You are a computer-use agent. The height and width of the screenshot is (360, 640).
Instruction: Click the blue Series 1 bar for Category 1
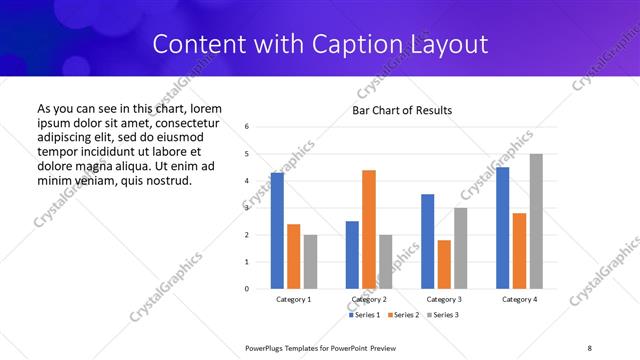coord(277,231)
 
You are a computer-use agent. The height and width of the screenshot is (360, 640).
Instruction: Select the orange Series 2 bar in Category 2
coord(369,229)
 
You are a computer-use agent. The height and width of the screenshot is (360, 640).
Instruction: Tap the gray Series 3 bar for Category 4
coord(536,221)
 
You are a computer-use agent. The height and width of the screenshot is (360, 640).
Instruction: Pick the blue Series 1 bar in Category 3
coord(428,241)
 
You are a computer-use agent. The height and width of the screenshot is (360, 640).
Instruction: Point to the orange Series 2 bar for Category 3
coord(444,264)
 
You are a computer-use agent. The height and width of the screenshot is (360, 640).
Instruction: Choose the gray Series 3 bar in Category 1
coord(310,261)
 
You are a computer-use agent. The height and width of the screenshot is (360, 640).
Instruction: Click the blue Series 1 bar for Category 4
coord(503,228)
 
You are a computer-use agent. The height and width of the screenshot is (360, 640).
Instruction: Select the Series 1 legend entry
coord(363,315)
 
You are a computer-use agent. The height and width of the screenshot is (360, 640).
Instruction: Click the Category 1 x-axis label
coord(294,299)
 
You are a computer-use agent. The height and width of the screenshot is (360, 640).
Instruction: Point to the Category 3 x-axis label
coord(444,299)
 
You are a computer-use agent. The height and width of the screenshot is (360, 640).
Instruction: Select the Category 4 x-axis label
coord(519,299)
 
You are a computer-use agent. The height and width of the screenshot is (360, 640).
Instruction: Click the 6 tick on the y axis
coord(247,127)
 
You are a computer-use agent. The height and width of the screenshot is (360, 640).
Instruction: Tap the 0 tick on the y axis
coord(247,289)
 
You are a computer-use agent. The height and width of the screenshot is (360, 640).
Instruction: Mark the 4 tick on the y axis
coord(247,181)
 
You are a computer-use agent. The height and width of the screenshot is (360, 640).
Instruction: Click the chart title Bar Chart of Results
coord(402,110)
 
